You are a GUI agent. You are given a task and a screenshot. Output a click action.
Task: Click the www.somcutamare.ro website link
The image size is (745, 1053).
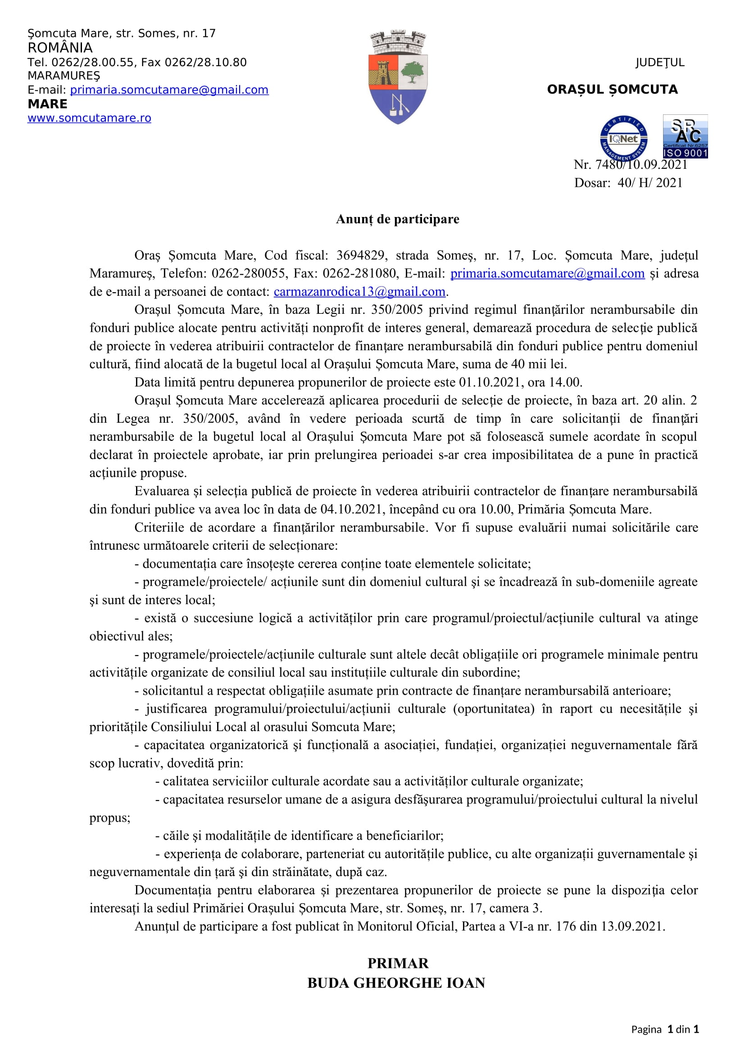pos(89,118)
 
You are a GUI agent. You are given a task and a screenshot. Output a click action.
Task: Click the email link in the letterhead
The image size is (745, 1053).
pos(169,90)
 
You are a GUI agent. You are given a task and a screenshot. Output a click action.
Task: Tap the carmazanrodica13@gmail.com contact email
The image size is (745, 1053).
pos(359,292)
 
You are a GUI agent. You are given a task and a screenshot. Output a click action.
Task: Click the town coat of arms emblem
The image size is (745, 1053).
pos(398,77)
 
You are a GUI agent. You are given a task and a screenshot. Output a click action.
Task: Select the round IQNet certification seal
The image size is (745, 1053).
pos(623,138)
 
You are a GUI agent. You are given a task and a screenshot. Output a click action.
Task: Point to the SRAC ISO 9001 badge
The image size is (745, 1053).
pos(685,137)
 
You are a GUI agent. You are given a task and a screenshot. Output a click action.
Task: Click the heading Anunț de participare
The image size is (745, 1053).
pos(397,219)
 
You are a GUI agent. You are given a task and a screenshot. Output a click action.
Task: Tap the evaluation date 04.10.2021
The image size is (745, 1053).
pos(352,510)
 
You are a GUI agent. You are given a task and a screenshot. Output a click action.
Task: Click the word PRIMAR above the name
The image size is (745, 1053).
pos(398,963)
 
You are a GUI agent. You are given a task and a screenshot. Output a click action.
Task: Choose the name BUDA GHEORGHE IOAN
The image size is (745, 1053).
pos(396,983)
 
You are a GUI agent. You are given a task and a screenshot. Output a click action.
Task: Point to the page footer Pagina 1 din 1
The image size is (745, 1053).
pos(665,1030)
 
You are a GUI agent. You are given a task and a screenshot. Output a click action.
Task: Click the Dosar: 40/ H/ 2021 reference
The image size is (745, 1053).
pos(628,183)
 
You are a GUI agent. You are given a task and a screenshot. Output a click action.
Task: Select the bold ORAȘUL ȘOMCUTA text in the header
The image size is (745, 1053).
pos(612,90)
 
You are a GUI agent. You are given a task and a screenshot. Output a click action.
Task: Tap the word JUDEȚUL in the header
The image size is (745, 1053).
pos(660,63)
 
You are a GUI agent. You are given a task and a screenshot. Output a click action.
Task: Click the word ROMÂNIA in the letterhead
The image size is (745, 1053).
pos(60,48)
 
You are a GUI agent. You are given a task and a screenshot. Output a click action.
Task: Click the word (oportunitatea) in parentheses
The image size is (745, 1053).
pos(494,709)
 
